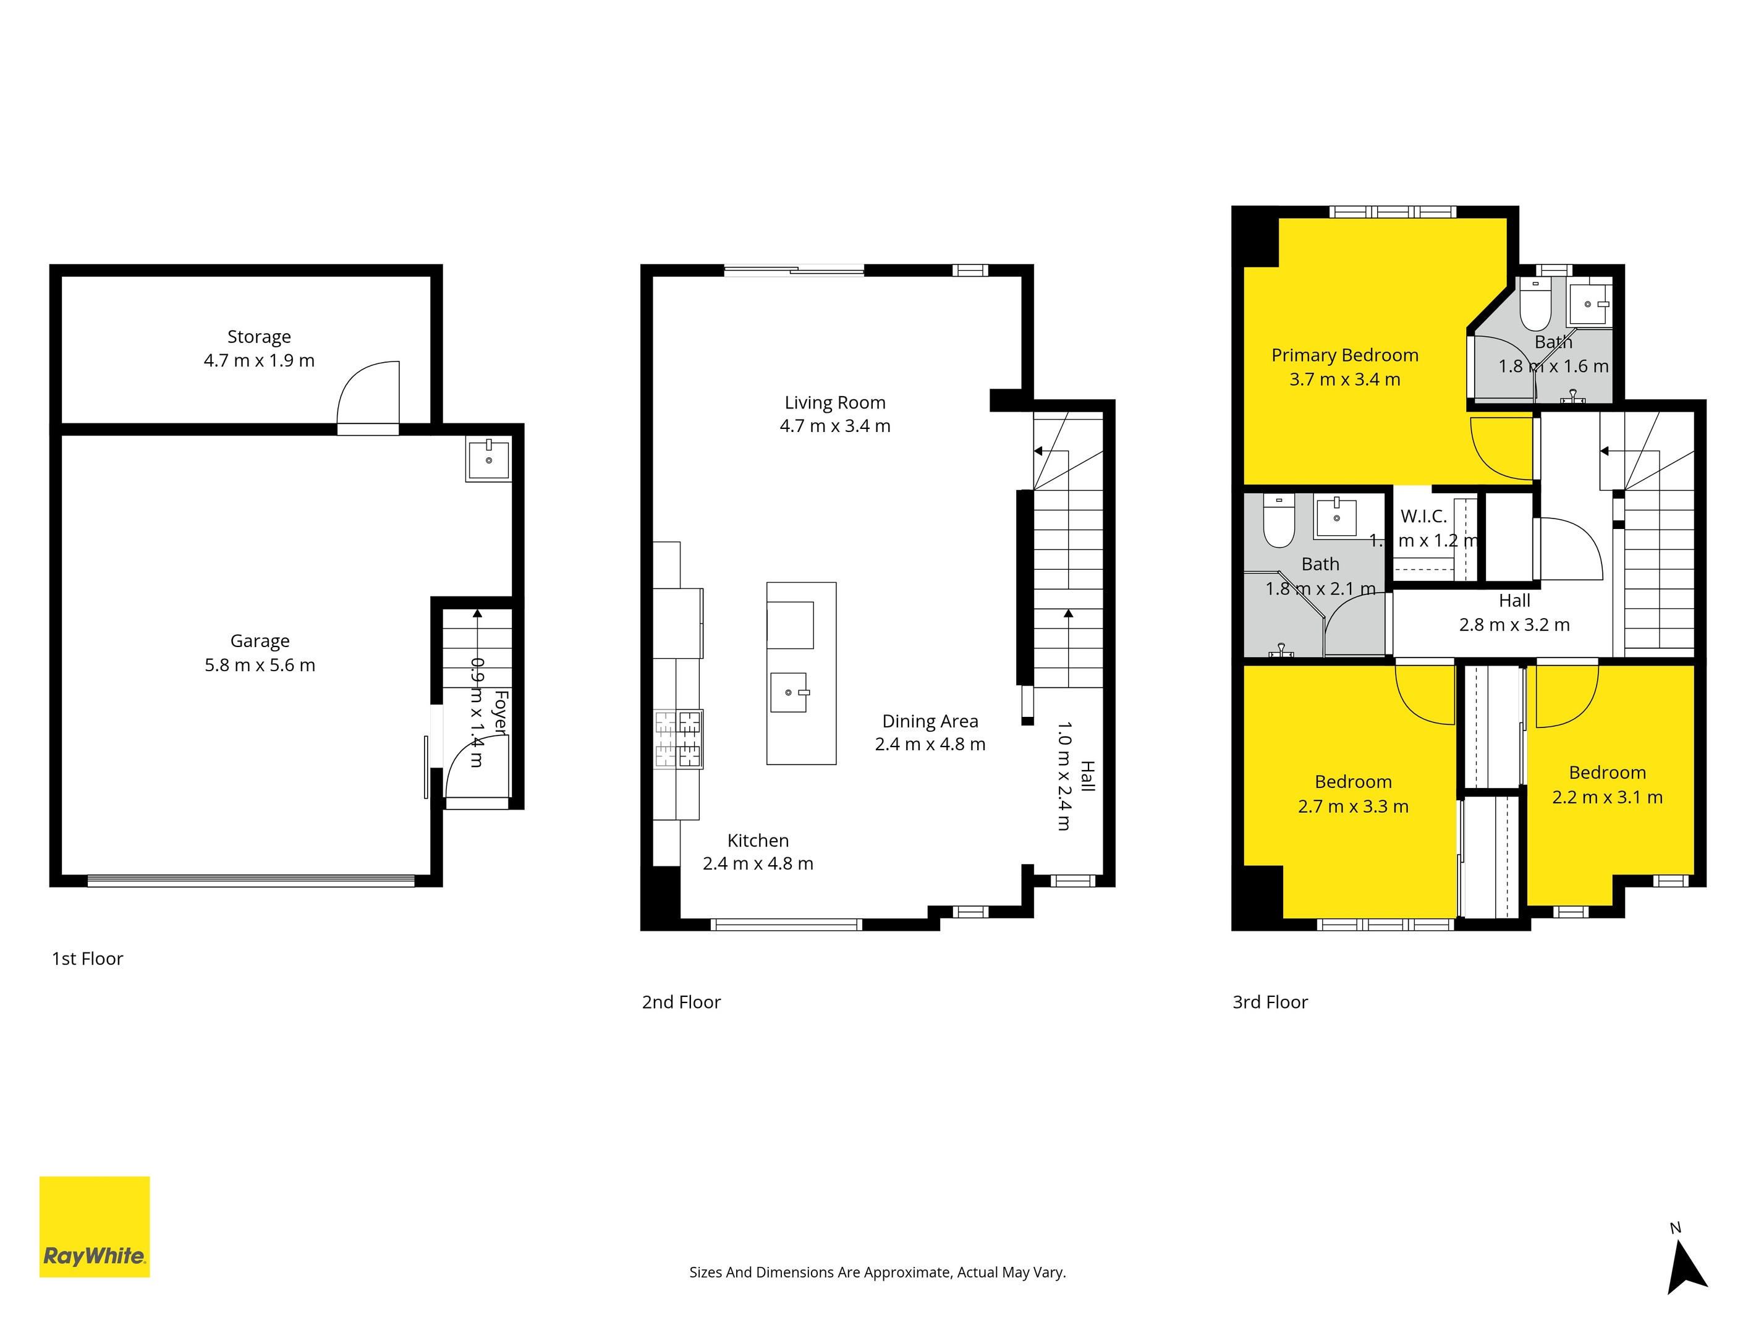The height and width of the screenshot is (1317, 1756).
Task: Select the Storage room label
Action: [x=259, y=337]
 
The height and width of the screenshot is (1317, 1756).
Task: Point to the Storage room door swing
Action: [x=368, y=394]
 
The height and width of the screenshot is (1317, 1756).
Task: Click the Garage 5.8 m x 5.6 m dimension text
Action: [x=260, y=665]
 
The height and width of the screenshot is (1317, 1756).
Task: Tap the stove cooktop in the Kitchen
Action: [x=678, y=739]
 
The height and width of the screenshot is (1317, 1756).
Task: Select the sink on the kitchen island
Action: [x=789, y=692]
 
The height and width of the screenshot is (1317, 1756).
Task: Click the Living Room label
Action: [x=835, y=402]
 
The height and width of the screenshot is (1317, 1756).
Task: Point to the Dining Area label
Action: [x=930, y=721]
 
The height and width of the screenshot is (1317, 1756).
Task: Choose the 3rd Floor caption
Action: [x=1270, y=1002]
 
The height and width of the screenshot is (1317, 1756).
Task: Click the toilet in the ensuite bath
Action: [x=1535, y=306]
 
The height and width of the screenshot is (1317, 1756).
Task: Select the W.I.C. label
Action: [x=1423, y=516]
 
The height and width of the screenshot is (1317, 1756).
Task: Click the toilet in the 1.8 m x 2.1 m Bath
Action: [x=1279, y=521]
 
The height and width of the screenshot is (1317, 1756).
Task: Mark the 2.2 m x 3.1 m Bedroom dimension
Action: [x=1607, y=797]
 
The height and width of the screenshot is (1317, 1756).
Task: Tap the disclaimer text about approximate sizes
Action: [x=877, y=1273]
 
